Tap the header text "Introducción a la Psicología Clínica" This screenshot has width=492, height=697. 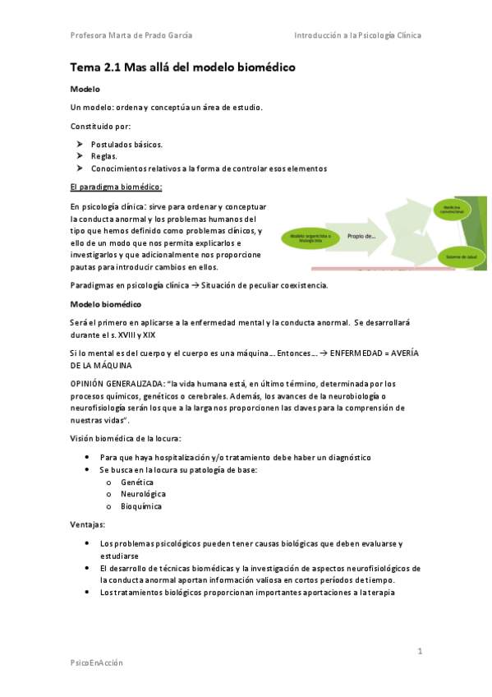click(357, 35)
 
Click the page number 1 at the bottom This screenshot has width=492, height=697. click(420, 651)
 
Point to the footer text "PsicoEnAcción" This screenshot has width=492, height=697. click(97, 662)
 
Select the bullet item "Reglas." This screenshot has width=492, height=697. click(104, 156)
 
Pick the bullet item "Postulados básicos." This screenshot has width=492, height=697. click(126, 144)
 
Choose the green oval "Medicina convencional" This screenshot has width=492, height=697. click(454, 209)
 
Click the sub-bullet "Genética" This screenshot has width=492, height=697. click(136, 482)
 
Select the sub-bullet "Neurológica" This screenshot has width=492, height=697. click(143, 494)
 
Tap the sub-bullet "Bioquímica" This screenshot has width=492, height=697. click(141, 506)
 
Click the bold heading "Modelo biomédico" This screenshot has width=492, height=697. click(106, 304)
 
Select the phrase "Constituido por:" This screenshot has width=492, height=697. click(101, 126)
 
